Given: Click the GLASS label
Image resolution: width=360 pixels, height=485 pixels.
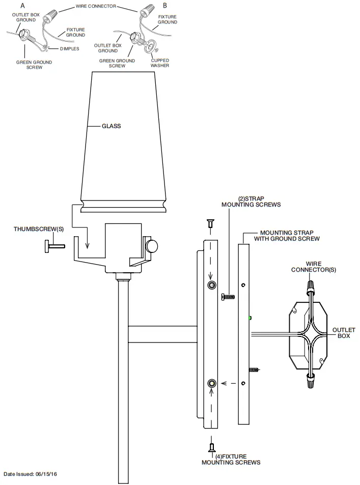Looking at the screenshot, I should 112,126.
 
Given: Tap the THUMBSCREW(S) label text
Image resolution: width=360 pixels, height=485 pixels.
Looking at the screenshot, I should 35,230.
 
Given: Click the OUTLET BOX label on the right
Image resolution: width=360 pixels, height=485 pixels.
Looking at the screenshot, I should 344,333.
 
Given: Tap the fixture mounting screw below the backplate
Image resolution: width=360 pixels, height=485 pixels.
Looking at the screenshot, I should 210,447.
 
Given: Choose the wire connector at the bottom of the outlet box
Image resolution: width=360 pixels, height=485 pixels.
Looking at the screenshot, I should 310,379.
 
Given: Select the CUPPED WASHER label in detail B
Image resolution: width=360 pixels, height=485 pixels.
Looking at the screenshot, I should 159,63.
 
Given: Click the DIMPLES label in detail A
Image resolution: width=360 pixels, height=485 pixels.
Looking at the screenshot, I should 69,49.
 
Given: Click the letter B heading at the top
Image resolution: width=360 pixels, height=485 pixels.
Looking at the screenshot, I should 164,5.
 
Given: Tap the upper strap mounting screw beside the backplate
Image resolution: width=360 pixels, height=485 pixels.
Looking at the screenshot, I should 228,296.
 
